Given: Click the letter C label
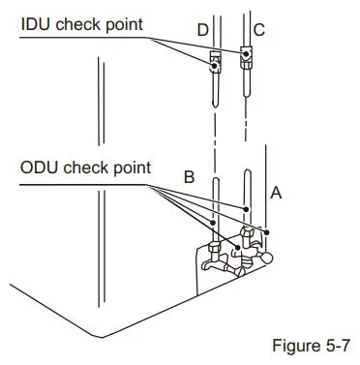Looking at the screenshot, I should (258, 31).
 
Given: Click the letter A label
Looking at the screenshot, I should (276, 193).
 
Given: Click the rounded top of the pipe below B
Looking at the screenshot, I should (217, 176).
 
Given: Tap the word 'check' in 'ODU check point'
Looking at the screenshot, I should (90, 167).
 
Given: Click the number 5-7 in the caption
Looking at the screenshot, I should (338, 343).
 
